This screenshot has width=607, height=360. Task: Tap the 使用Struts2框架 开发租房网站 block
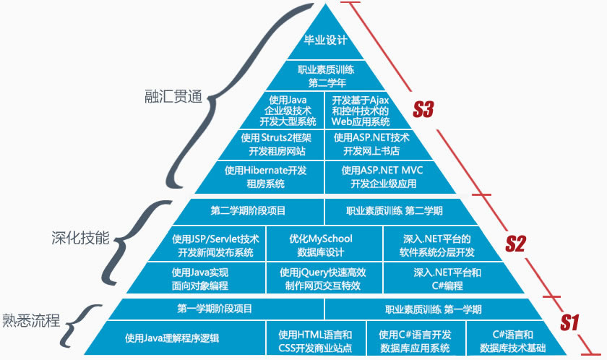point(276,144)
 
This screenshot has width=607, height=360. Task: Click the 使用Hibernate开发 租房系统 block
point(265,177)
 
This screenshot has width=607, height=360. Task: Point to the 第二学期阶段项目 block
point(248,211)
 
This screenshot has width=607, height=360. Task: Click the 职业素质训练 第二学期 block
point(395,211)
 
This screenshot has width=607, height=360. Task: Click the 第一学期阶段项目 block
point(215,309)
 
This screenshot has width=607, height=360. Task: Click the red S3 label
point(423,110)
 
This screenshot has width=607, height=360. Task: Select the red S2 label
point(515,244)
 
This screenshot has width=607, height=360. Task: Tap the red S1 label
point(570,322)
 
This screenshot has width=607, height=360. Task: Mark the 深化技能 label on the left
point(80,238)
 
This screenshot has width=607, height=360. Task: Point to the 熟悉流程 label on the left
point(31,319)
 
